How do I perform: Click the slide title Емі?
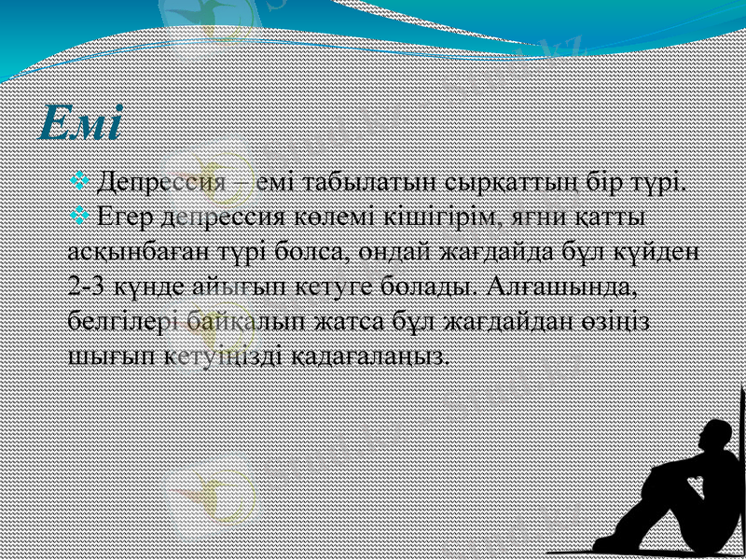point(82,124)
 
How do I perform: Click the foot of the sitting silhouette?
point(607,541)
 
